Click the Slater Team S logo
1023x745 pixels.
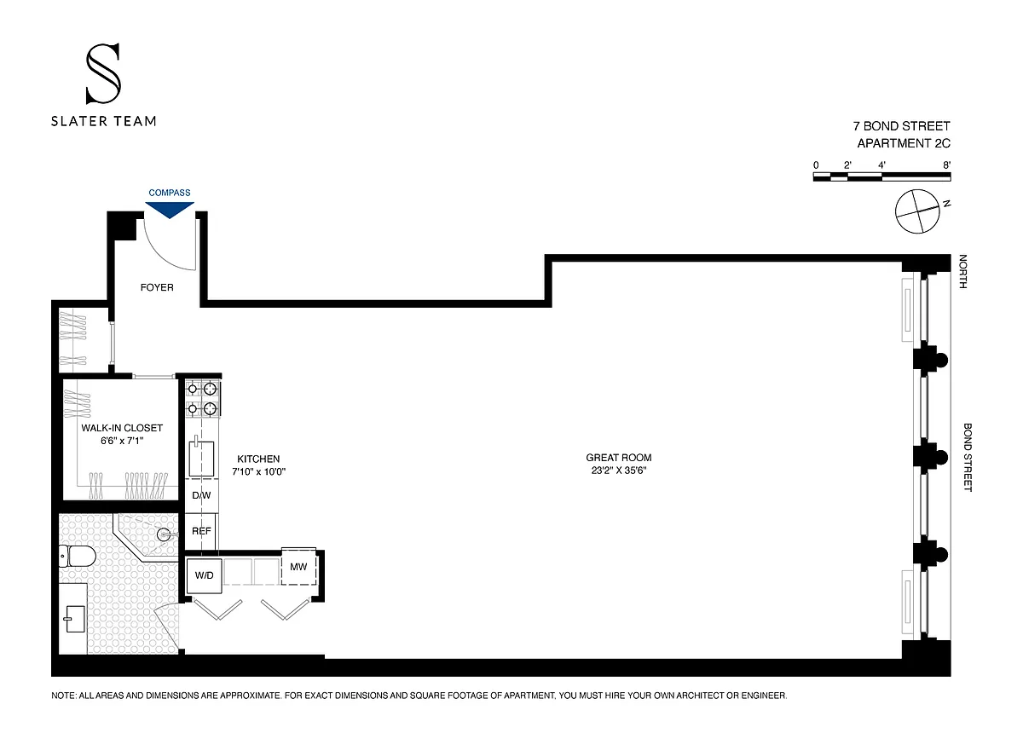(104, 73)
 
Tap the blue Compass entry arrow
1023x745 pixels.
(170, 210)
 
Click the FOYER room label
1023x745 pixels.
(157, 287)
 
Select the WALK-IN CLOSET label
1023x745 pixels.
(122, 428)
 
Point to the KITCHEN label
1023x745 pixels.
(258, 459)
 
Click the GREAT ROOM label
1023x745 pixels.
(619, 457)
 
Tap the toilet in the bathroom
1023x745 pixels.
(78, 557)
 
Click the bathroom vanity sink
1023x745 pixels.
(75, 619)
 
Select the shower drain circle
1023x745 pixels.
(164, 534)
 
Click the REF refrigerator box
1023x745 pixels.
(201, 531)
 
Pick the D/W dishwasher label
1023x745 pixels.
(201, 495)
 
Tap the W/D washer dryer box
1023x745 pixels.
(204, 575)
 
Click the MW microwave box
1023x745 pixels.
(298, 566)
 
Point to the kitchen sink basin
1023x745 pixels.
(201, 458)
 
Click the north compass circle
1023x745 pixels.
(917, 211)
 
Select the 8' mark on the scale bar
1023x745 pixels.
(947, 165)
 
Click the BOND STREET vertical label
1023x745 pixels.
(968, 457)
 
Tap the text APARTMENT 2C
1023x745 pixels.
(904, 143)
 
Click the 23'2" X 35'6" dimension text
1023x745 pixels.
(619, 470)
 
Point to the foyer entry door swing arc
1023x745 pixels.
(161, 255)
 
